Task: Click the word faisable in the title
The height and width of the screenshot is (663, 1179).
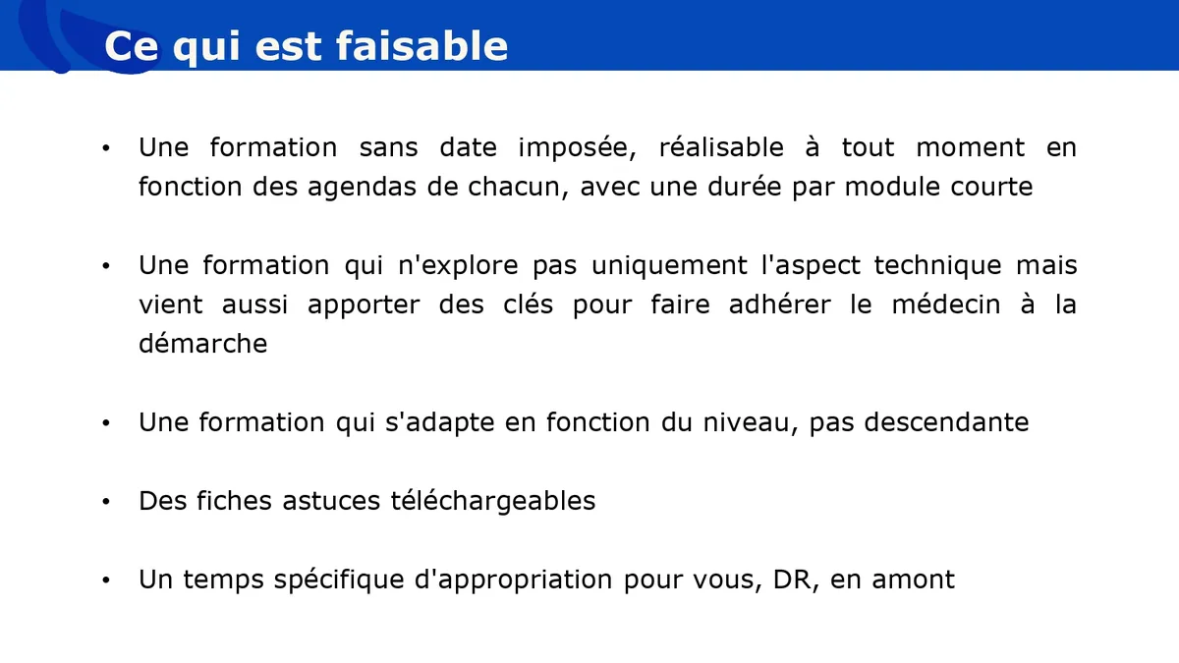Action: [422, 46]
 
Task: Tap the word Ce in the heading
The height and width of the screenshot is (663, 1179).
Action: [131, 46]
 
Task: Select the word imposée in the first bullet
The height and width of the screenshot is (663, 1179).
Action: [578, 148]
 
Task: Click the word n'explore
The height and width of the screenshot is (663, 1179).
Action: [459, 266]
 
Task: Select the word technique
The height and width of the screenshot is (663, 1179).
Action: [938, 266]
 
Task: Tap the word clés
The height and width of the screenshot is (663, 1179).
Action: [528, 304]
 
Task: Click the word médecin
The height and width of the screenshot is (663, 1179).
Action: [946, 304]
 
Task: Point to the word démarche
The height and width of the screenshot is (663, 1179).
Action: [203, 344]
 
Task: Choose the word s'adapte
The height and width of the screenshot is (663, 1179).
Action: [440, 423]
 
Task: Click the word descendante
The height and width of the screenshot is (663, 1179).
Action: [946, 422]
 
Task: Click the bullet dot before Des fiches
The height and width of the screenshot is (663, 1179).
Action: [106, 502]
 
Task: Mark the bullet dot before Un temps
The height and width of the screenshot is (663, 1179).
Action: [106, 580]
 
